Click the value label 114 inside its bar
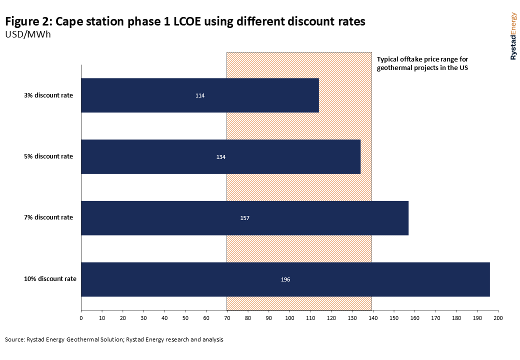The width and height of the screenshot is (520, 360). pos(200,95)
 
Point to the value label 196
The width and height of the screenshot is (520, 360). pos(285,279)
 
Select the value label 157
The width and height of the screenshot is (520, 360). pos(244,218)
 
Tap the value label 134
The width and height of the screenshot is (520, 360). pos(221,157)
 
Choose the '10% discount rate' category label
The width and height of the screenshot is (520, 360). pos(50,278)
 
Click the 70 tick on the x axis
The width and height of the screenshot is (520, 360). pos(227,317)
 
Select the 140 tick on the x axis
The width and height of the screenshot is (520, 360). pos(372,317)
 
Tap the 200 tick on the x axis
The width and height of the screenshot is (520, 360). pos(497,317)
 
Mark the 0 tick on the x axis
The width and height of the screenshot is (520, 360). pos(81,317)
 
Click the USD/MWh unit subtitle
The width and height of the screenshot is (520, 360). pos(28,35)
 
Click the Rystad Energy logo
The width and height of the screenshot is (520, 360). pos(513,36)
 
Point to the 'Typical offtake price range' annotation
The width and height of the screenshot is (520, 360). pos(422,63)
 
